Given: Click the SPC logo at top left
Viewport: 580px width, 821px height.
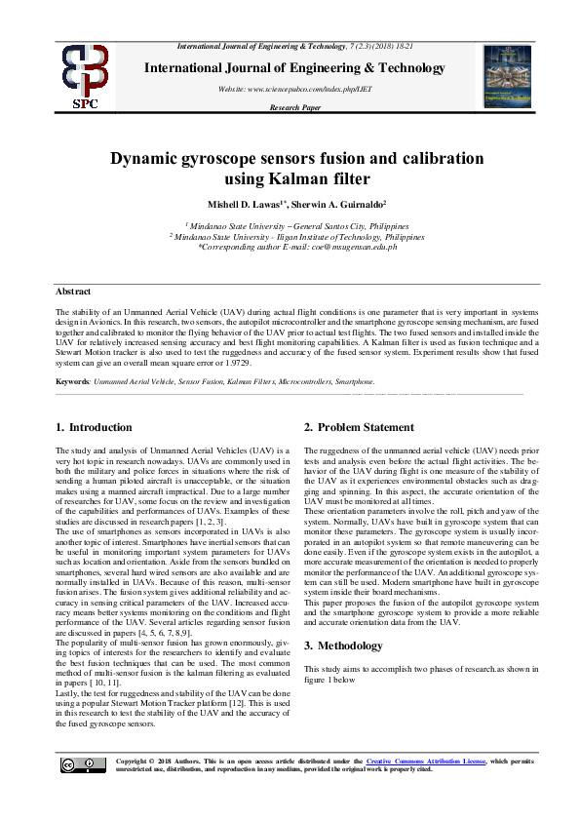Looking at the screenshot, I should (85, 77).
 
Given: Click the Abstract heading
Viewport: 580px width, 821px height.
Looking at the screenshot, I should (73, 292).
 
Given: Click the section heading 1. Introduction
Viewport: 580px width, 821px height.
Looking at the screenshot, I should (94, 427).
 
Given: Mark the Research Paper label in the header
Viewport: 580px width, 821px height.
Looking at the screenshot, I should (294, 107).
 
